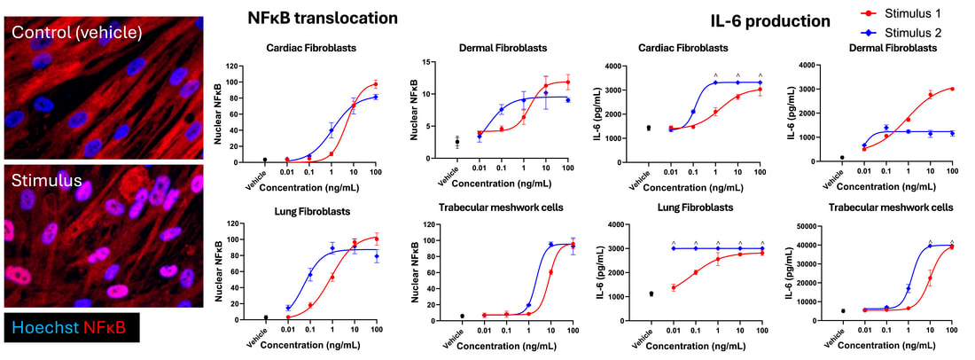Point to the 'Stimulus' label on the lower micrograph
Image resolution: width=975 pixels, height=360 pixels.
point(46,181)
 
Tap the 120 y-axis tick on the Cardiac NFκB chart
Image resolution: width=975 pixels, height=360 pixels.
point(234,66)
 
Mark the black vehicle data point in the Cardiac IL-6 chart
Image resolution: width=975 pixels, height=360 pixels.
point(649,128)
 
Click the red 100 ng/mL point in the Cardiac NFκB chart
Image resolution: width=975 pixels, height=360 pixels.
point(375,84)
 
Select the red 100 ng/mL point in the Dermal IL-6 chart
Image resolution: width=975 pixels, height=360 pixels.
point(952,89)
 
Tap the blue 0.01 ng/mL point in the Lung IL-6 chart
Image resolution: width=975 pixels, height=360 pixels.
point(673,248)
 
